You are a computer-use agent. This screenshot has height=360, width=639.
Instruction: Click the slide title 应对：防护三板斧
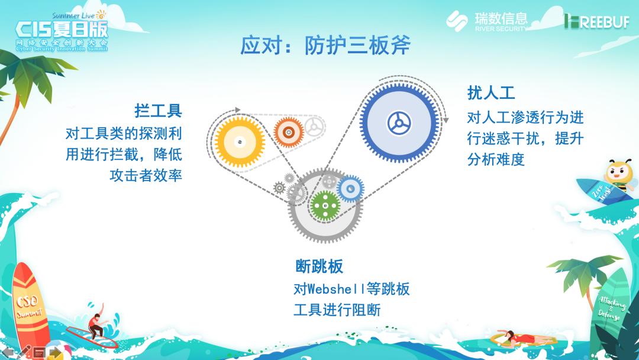[325, 46]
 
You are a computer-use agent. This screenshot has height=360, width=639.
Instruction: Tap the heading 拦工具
[158, 111]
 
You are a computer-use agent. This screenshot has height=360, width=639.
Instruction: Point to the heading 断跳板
[319, 266]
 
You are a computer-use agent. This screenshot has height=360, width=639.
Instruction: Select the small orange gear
[289, 131]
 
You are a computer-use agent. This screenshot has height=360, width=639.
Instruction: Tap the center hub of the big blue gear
[399, 123]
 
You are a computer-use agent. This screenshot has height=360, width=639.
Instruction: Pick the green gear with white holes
[324, 205]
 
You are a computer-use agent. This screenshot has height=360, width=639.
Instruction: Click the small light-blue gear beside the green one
[350, 188]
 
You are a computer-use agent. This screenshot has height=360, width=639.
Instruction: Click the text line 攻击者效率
[146, 176]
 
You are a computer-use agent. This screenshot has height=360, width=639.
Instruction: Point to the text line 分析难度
[496, 159]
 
